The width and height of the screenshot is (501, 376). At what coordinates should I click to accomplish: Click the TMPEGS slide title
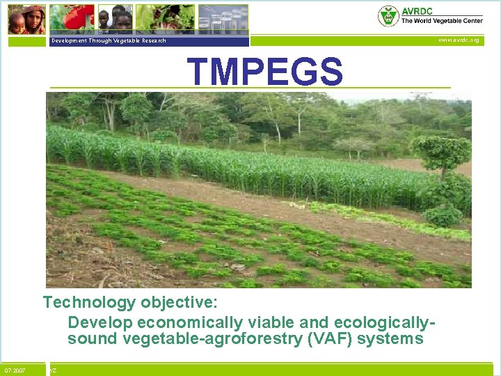pyautogui.click(x=264, y=72)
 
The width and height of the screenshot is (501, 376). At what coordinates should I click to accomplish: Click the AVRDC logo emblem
pyautogui.click(x=388, y=16)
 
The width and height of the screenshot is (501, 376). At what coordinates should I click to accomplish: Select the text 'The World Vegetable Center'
pyautogui.click(x=441, y=21)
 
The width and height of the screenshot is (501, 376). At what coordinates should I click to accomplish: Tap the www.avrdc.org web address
pyautogui.click(x=458, y=40)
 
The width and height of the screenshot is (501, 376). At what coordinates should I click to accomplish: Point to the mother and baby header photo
pyautogui.click(x=26, y=19)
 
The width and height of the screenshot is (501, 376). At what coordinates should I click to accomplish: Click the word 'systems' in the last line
pyautogui.click(x=397, y=339)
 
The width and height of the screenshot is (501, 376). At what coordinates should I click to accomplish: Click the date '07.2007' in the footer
pyautogui.click(x=15, y=370)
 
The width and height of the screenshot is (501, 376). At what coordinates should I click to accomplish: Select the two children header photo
pyautogui.click(x=115, y=18)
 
